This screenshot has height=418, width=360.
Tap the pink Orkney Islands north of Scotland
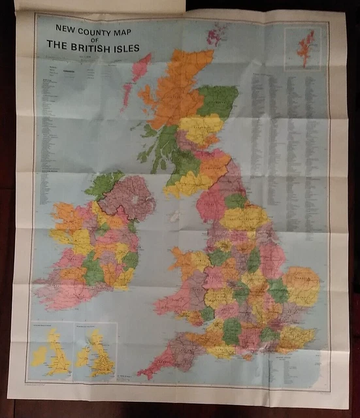pyautogui.click(x=216, y=34)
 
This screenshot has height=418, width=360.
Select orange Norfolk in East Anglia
pyautogui.click(x=301, y=280)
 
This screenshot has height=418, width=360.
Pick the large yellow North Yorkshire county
pyautogui.click(x=245, y=217)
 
